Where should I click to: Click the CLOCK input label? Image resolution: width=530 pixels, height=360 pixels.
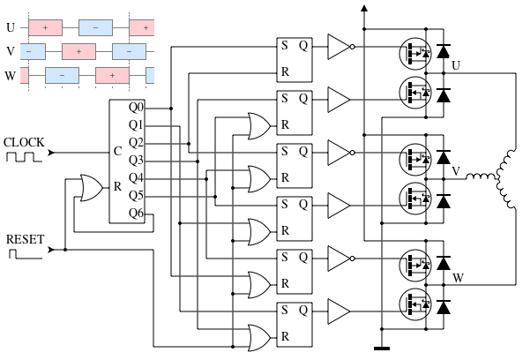(x=24, y=142)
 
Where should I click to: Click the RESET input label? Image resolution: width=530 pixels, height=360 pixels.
(x=25, y=239)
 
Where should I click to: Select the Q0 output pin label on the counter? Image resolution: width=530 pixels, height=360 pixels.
(x=136, y=109)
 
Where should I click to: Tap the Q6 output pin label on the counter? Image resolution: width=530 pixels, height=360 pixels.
(x=136, y=213)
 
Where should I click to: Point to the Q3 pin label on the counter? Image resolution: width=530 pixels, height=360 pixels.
(x=136, y=161)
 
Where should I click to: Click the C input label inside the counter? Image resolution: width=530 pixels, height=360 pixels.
(x=117, y=151)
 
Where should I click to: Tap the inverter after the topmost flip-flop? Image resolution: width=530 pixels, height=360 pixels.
(x=340, y=47)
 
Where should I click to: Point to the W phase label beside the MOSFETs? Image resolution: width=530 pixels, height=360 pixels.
(x=457, y=279)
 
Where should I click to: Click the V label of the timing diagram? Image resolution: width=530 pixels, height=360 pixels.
(x=11, y=52)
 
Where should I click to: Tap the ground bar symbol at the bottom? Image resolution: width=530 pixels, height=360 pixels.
(x=382, y=348)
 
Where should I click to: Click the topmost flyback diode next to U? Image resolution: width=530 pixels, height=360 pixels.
(x=443, y=50)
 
